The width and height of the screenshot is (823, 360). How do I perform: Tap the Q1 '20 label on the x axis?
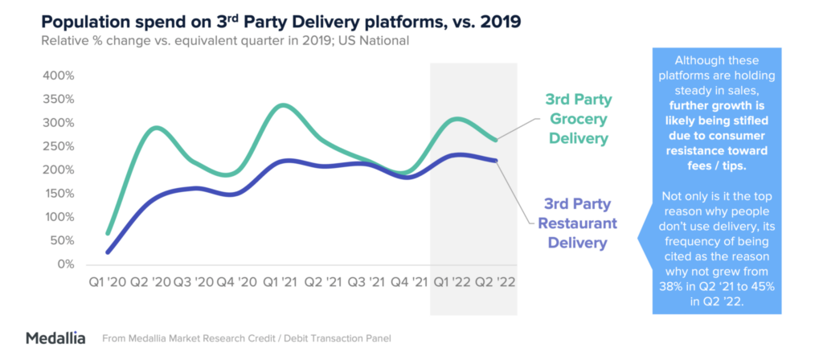108,284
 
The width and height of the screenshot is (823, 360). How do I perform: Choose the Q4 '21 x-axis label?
409,284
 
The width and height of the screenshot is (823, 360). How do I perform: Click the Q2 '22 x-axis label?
495,284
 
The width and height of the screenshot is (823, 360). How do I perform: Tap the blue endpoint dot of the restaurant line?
495,161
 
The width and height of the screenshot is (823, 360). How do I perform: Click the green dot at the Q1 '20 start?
109,233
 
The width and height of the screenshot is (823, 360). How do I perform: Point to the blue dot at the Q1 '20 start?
109,252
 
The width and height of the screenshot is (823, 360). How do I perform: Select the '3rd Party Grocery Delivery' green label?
578,119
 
